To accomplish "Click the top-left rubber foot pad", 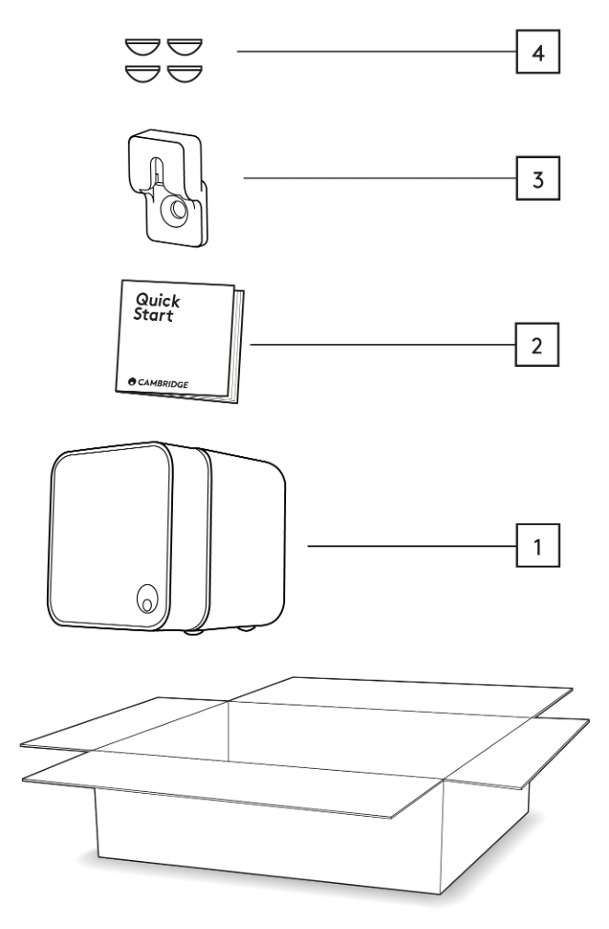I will click(144, 47).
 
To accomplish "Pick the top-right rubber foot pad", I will click(185, 47).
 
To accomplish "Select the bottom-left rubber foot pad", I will click(144, 71).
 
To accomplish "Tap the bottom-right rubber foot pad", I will click(185, 71).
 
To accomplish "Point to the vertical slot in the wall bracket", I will click(157, 174).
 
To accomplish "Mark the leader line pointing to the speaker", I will click(409, 546).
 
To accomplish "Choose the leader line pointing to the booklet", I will click(382, 346).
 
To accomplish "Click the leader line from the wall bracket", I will click(377, 178).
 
